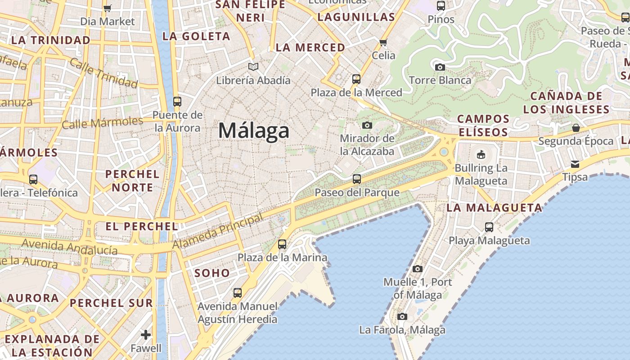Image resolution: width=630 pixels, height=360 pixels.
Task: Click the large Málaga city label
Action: (x=254, y=131)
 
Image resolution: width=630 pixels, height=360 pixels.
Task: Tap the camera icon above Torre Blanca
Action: (x=440, y=67)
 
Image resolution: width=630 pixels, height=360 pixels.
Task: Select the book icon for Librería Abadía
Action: (x=253, y=67)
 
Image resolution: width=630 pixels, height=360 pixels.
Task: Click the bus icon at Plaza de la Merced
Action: (x=356, y=79)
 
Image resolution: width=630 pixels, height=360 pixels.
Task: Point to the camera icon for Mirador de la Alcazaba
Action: (x=367, y=125)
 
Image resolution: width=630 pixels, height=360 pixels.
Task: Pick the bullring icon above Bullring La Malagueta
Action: (x=481, y=154)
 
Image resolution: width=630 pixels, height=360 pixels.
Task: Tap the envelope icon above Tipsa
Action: (x=575, y=164)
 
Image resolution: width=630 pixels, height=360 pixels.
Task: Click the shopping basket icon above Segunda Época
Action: (x=576, y=128)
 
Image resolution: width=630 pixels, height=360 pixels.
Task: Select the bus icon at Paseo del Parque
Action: (x=357, y=179)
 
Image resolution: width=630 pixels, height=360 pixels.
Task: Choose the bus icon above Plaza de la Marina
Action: (x=282, y=244)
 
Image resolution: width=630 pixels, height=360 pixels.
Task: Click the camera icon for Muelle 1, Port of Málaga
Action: (x=418, y=269)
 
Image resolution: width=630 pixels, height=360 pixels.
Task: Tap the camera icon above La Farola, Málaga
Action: (x=402, y=316)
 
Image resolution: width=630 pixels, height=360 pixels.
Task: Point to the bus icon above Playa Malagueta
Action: (x=489, y=227)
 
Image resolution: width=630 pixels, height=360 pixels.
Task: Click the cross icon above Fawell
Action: (x=146, y=334)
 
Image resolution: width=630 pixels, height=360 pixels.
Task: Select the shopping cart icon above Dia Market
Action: (x=107, y=8)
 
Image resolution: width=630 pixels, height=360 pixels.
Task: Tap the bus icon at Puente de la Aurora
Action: (x=177, y=102)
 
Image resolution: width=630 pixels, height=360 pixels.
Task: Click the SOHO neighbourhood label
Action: (x=212, y=273)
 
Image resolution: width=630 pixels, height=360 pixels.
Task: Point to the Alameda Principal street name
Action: (x=218, y=232)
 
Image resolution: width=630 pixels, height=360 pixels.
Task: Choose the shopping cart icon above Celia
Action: (x=383, y=42)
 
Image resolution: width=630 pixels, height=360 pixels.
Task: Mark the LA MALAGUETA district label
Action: (x=495, y=208)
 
